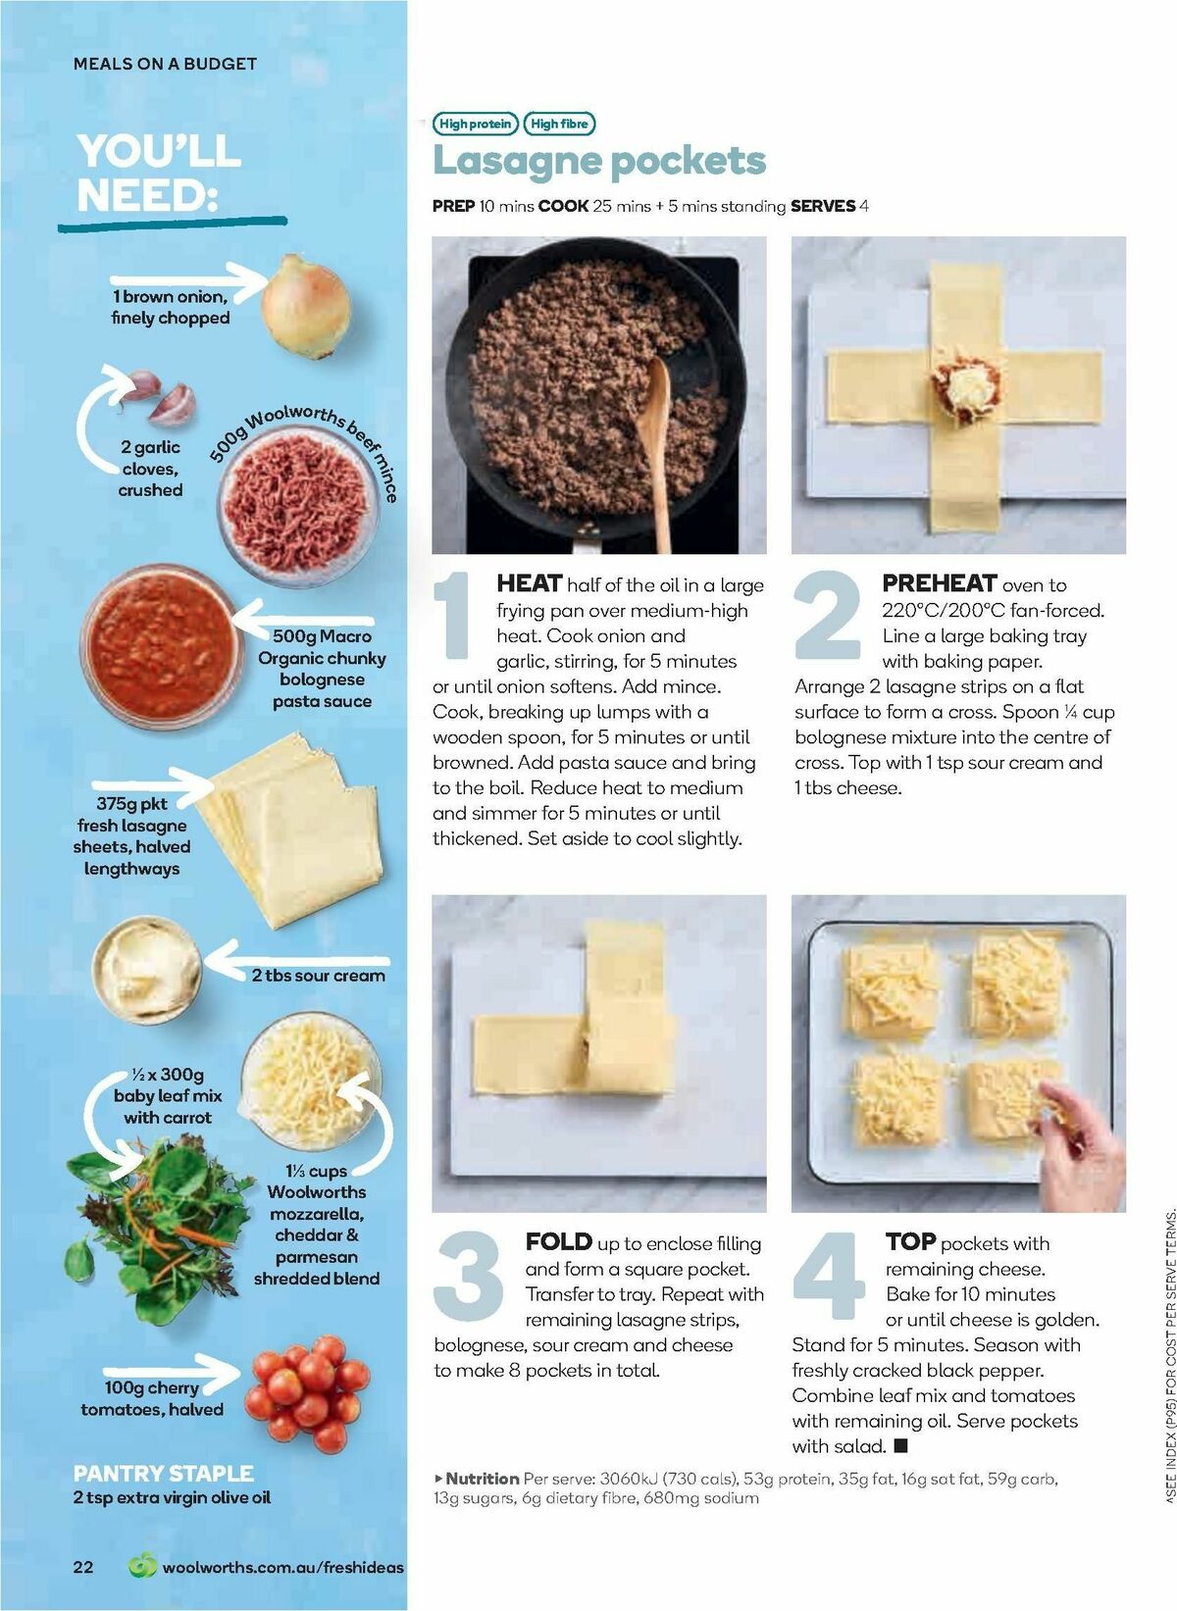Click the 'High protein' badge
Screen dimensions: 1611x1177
(x=475, y=124)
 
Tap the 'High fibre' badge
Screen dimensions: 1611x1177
(x=559, y=124)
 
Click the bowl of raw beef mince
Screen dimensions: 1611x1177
(x=294, y=504)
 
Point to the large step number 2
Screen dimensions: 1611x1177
(x=829, y=615)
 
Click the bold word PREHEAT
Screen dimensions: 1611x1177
(x=940, y=584)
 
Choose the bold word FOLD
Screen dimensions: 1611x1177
(x=558, y=1242)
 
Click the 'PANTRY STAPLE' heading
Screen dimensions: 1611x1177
(x=163, y=1473)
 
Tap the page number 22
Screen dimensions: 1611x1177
(x=84, y=1567)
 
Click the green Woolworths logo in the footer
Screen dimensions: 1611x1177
(x=143, y=1566)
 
